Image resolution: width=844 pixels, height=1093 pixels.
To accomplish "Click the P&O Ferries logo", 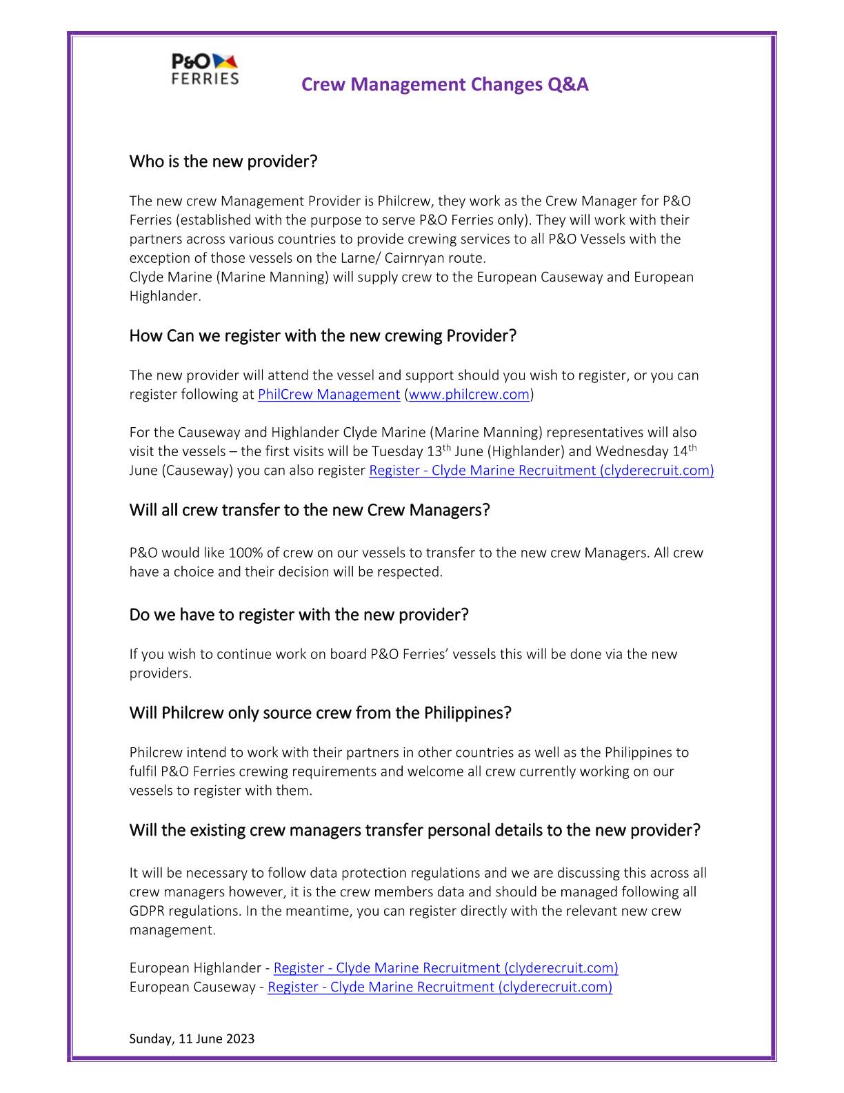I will tap(205, 69).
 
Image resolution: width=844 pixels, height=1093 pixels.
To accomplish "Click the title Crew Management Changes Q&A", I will tap(445, 84).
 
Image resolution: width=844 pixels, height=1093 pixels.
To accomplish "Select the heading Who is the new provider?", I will tap(223, 161).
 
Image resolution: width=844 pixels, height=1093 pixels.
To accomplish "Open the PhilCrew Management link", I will tap(328, 395).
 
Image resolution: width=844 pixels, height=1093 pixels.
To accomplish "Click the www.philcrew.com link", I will tap(469, 395).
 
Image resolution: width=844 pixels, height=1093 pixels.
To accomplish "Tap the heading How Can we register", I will tap(322, 336).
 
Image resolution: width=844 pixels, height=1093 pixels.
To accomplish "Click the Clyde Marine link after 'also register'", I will tap(541, 471).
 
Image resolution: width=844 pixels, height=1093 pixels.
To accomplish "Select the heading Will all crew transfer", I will tap(309, 511).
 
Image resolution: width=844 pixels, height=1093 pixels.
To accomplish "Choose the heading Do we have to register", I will tap(298, 615).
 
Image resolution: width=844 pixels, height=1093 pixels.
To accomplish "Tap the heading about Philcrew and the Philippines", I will tap(320, 713).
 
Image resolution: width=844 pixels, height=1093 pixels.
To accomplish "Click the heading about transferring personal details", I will tap(414, 830).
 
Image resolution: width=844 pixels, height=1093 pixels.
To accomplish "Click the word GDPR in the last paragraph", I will tap(145, 911).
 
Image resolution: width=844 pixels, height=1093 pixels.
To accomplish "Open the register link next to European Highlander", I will tap(445, 968).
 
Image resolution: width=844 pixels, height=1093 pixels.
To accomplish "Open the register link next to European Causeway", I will tap(439, 987).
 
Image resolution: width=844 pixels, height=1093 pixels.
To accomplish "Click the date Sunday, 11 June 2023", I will tap(192, 1038).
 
